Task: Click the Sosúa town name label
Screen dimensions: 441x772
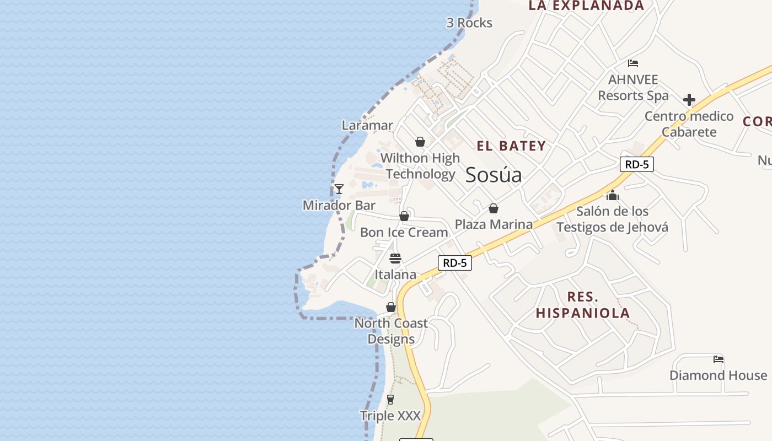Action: click(x=494, y=175)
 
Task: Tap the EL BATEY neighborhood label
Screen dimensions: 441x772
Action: click(x=511, y=146)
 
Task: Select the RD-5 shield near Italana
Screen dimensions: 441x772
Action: click(x=455, y=263)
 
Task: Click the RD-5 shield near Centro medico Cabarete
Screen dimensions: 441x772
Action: click(x=636, y=164)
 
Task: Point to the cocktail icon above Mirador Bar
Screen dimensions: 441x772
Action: click(x=339, y=189)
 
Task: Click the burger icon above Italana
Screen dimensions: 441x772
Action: click(x=395, y=258)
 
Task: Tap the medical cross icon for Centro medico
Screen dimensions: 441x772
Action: click(x=689, y=100)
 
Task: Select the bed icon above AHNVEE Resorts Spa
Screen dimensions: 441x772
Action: click(x=633, y=63)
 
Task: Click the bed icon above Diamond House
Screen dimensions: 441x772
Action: click(x=718, y=359)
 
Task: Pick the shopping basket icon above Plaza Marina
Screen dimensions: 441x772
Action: click(x=494, y=208)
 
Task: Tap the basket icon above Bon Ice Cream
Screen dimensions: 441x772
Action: click(x=404, y=216)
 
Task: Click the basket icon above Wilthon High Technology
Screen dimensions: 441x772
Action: click(x=420, y=142)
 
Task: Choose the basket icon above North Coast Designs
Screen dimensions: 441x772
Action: click(x=391, y=307)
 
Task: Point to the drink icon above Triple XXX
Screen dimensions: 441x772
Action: click(x=390, y=399)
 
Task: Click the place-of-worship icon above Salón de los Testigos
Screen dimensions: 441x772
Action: click(x=612, y=195)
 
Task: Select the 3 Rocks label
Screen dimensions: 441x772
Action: click(x=469, y=23)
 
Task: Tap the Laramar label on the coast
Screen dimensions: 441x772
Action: click(x=367, y=125)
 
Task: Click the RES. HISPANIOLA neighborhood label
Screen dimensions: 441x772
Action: click(x=582, y=305)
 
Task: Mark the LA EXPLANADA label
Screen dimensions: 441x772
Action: click(x=586, y=6)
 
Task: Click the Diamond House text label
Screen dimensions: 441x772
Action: click(x=718, y=375)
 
